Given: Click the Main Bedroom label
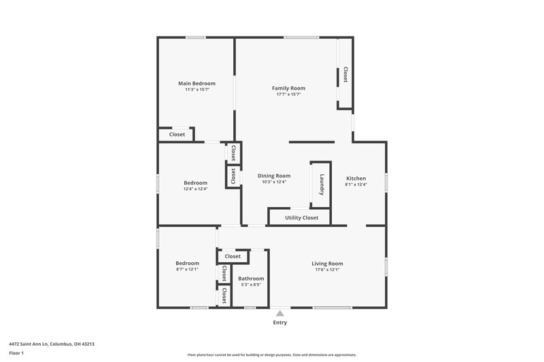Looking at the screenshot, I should click(x=197, y=84).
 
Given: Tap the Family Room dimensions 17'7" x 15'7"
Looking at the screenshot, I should click(x=288, y=94).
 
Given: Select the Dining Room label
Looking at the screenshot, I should click(x=274, y=176).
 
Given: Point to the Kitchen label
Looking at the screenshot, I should click(x=356, y=179).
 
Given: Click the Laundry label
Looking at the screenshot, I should click(x=321, y=185).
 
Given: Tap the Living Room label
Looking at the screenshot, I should click(x=327, y=264).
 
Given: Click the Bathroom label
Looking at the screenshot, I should click(x=250, y=278).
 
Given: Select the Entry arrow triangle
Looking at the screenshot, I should click(x=279, y=312).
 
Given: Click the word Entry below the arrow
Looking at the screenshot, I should click(x=279, y=323).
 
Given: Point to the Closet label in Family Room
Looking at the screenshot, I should click(x=345, y=74).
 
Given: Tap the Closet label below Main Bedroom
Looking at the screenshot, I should click(x=177, y=134).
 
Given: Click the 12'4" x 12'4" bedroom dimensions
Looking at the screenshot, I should click(x=195, y=189).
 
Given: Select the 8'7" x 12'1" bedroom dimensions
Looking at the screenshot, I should click(x=187, y=270).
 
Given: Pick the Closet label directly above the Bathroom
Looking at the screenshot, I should click(x=233, y=257).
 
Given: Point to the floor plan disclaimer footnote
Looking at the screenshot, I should click(x=271, y=355).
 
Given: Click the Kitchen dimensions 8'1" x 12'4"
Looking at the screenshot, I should click(x=356, y=185).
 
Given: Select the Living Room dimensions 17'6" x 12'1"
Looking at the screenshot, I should click(x=327, y=270).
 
